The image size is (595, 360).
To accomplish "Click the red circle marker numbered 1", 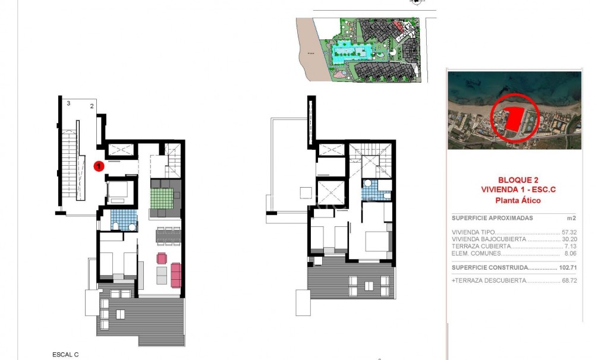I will pyautogui.click(x=100, y=167).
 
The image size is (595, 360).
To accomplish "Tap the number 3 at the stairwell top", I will pyautogui.click(x=69, y=103).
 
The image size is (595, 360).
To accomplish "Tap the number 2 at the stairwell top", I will pyautogui.click(x=92, y=106).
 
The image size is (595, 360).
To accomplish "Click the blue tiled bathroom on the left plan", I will pyautogui.click(x=123, y=218).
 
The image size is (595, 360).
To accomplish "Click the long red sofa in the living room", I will pyautogui.click(x=175, y=275).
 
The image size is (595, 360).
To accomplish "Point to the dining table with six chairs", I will pyautogui.click(x=168, y=236).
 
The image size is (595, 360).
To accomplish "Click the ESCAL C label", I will pyautogui.click(x=65, y=355).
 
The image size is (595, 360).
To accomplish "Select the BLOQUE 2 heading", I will pyautogui.click(x=514, y=179).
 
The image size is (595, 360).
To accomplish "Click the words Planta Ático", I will pyautogui.click(x=515, y=200).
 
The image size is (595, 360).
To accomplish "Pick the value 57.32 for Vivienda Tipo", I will pyautogui.click(x=570, y=233).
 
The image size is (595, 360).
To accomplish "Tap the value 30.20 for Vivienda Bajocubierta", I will pyautogui.click(x=570, y=239).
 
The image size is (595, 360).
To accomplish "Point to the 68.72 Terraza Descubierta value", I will pyautogui.click(x=570, y=280).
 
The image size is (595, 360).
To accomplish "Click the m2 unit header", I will pyautogui.click(x=573, y=218).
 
